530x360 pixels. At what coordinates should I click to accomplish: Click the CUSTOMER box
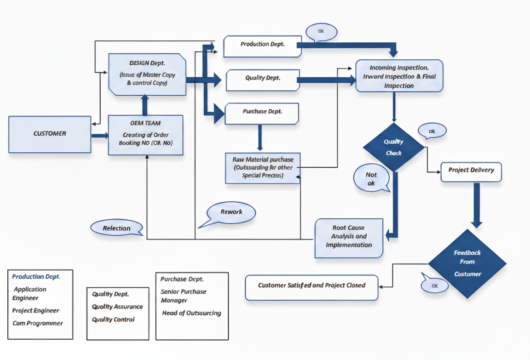(50, 134)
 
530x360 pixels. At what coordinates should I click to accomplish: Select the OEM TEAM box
(145, 135)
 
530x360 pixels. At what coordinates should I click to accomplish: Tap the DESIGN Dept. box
(147, 74)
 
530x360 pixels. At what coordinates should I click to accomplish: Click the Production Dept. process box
(262, 45)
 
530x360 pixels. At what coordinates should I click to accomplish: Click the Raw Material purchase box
(263, 168)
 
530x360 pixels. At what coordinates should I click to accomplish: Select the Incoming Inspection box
(399, 76)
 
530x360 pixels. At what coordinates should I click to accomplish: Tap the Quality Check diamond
(393, 147)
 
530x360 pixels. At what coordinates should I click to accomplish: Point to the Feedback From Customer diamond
(467, 263)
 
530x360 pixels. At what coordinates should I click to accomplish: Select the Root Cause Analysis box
(349, 237)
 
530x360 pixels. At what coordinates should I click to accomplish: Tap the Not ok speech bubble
(371, 178)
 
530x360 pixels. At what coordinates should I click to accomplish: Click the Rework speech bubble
(231, 212)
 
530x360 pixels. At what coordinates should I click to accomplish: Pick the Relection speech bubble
(116, 228)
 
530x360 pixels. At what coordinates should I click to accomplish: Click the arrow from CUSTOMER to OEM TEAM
(100, 136)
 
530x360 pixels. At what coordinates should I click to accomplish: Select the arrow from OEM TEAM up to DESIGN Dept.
(145, 105)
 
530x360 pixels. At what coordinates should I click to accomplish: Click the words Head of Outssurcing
(191, 314)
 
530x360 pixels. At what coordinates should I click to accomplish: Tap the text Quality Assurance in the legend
(117, 307)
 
